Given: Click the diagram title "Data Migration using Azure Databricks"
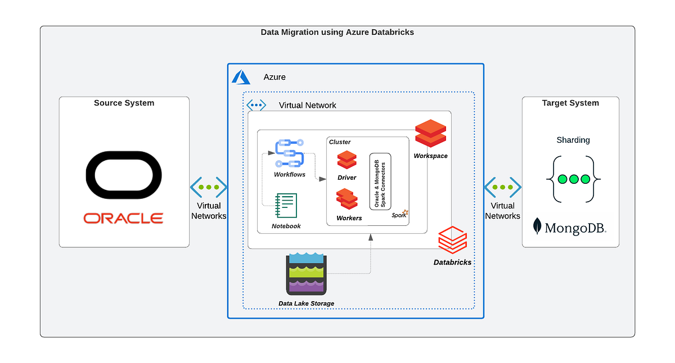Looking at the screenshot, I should click(337, 32).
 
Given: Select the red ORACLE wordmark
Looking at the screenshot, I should click(124, 218).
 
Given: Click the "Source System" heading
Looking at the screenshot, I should click(124, 103).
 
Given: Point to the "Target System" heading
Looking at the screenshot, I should click(570, 103).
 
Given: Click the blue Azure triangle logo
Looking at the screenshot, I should click(241, 77).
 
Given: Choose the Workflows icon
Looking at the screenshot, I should click(290, 153).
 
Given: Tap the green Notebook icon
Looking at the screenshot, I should click(286, 206).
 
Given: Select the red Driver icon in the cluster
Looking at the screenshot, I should click(346, 160).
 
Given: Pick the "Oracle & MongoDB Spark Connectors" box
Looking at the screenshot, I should click(380, 182).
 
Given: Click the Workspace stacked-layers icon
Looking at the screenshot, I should click(430, 133).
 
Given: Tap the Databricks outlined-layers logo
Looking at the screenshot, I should click(452, 241).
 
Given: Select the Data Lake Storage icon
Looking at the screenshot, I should click(306, 274).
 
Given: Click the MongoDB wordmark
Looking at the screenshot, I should click(570, 227).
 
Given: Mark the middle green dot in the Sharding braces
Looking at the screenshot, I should click(574, 179).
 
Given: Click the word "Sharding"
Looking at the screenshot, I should click(573, 140).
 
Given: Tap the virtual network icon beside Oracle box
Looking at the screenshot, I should click(209, 187).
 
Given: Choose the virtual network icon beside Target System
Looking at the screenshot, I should click(502, 187).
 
